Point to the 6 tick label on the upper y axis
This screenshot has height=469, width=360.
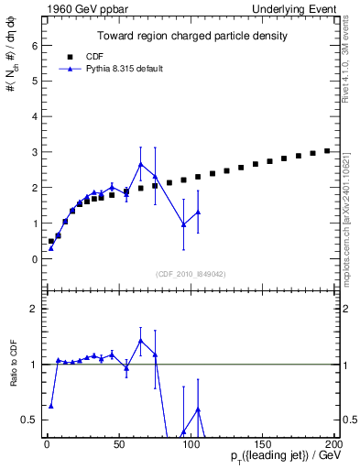35,45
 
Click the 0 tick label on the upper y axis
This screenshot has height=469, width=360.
35,259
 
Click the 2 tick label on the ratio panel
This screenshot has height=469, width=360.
35,310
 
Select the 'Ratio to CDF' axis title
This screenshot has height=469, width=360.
14,365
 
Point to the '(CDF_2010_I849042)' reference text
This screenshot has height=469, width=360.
191,272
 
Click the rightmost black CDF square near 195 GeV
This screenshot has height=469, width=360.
327,151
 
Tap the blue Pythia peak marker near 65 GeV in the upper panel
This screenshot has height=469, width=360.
140,165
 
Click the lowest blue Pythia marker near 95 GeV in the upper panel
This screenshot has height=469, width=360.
183,224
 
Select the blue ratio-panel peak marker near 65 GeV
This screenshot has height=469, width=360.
140,341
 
